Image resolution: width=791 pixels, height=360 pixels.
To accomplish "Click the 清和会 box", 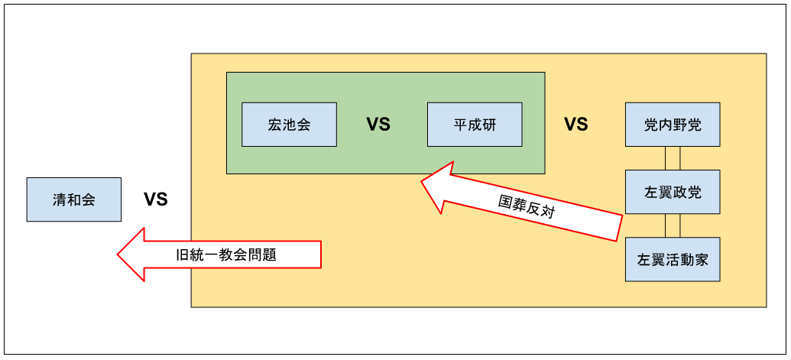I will pos(74,199).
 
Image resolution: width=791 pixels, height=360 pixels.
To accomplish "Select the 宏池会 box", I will pos(289,124).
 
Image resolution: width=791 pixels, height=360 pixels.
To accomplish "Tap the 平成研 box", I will pos(475,124).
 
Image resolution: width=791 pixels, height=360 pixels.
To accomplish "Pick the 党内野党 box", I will pos(672,124).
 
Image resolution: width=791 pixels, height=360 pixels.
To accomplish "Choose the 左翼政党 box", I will pos(672,191).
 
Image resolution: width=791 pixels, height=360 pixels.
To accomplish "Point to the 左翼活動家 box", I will pos(672,259).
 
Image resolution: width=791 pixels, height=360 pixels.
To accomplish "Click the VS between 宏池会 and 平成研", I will pos(378,125).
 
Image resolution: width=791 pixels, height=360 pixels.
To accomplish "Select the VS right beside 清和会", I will pos(156,200).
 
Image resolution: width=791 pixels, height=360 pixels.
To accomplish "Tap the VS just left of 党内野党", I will pos(575,125).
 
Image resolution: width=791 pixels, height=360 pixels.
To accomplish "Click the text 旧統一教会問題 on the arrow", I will pos(225,255).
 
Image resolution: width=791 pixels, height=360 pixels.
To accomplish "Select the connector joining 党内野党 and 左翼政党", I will pos(672,158).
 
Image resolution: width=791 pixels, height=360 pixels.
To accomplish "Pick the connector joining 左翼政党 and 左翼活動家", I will pos(672,225).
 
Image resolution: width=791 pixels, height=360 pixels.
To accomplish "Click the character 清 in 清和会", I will pos(60,199).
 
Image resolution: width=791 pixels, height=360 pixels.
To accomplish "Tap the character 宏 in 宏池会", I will pos(275,124).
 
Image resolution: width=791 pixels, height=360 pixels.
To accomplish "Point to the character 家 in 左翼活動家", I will pos(700,259).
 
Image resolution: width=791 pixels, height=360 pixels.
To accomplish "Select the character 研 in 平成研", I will pos(488,124).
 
